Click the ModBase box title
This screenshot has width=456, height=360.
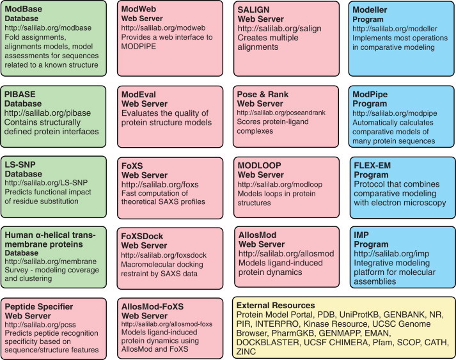(26, 9)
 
